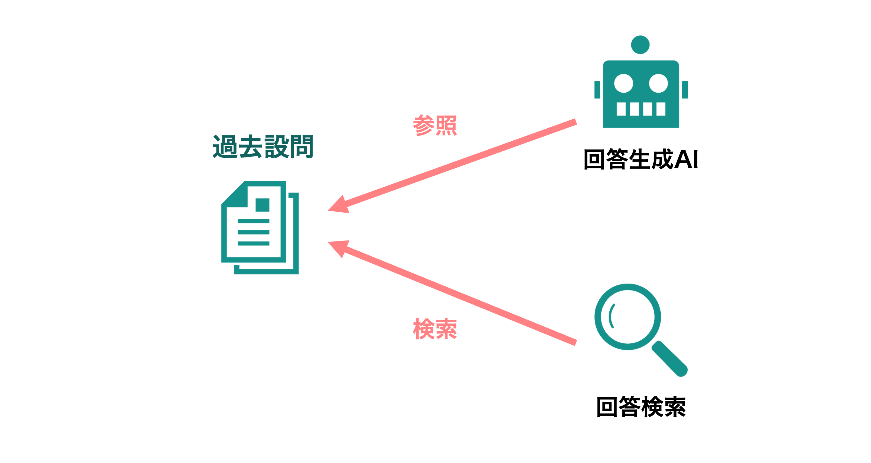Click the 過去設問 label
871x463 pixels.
(263, 146)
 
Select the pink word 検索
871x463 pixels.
(435, 329)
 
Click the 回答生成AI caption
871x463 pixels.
(641, 159)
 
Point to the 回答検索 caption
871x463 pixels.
(641, 407)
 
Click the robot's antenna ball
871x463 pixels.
(640, 45)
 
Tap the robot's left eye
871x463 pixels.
(624, 83)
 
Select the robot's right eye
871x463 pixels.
(658, 83)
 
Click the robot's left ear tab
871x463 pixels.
(597, 90)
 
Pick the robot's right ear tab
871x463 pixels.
(685, 90)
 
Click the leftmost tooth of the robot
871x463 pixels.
(621, 109)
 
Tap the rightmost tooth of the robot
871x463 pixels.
(661, 109)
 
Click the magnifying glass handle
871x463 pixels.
(670, 359)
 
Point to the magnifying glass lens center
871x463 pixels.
(628, 317)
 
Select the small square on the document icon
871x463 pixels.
(262, 205)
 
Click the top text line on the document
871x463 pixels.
(254, 221)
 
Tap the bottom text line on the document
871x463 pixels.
(254, 243)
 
